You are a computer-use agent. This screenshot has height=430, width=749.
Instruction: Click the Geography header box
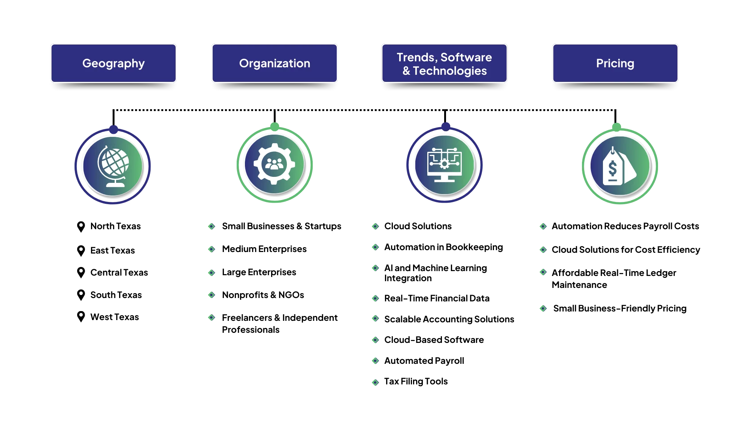pos(113,63)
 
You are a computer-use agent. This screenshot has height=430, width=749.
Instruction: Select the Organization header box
pos(275,63)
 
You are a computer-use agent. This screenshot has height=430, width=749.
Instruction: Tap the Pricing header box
pos(615,63)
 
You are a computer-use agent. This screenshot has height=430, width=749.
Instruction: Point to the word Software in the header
pos(466,57)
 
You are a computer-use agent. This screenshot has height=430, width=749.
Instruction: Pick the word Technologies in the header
pos(450,71)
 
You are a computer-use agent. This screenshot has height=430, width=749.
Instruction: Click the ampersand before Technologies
pos(406,71)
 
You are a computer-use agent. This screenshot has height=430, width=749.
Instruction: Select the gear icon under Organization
pos(275,164)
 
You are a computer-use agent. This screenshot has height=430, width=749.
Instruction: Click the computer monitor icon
pos(445,165)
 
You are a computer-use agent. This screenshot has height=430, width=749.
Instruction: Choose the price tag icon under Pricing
pos(619,166)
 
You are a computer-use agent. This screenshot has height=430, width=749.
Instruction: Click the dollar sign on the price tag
pos(612,169)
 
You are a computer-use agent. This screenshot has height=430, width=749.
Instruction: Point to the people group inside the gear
pos(275,164)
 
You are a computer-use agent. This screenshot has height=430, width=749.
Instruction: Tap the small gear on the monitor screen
pos(445,163)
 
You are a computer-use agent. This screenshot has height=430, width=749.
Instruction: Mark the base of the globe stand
pos(115,184)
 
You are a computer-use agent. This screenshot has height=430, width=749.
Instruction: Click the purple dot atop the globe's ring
pos(113,129)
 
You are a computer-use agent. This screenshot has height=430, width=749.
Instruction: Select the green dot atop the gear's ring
pos(275,126)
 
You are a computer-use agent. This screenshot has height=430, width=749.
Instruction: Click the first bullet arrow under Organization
pos(211,227)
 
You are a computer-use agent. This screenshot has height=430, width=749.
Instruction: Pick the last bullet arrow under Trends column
pos(376,382)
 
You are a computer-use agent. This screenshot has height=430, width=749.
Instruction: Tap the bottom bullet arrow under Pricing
pos(543,308)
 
